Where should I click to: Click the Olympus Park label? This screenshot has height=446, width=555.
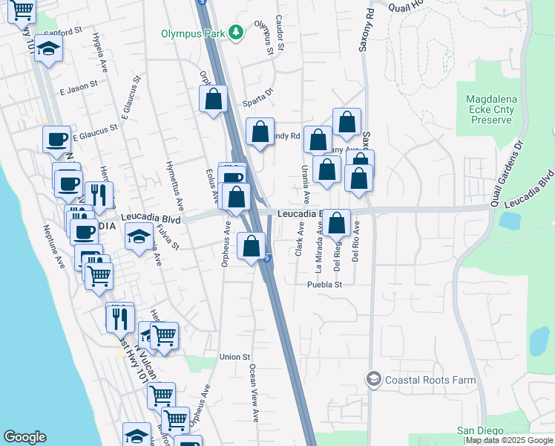click(x=194, y=33)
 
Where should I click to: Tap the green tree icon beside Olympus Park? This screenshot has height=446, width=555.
click(x=236, y=32)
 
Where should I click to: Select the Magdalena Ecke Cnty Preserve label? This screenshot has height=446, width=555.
click(x=490, y=109)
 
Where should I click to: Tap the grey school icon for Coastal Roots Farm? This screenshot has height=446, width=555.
click(x=374, y=380)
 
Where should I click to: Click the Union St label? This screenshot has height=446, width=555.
click(x=235, y=357)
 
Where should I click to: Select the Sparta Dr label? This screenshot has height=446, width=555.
click(x=259, y=92)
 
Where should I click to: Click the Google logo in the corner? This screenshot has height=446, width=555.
click(x=24, y=437)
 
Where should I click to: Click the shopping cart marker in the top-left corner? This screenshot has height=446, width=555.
click(x=23, y=10)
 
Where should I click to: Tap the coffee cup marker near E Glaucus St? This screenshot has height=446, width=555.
click(x=56, y=139)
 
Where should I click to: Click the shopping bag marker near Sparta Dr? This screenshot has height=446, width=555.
click(x=213, y=99)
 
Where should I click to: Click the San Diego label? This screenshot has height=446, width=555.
click(x=480, y=430)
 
